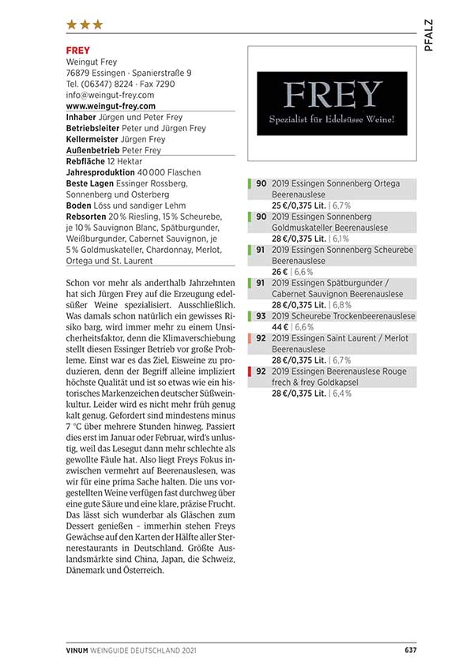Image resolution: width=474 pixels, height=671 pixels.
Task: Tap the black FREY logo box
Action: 332,103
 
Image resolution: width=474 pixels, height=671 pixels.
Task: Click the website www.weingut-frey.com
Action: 110,106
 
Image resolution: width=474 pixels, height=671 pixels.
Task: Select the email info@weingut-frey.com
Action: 110,95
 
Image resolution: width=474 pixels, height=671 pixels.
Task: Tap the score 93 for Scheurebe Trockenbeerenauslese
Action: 260,316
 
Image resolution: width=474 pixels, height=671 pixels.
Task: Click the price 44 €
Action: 280,326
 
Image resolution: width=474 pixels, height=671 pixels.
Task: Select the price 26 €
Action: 280,271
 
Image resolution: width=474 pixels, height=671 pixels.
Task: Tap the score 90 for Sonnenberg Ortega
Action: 260,183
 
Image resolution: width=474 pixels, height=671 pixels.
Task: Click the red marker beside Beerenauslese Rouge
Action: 250,371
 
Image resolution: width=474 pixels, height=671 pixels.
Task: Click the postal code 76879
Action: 79,73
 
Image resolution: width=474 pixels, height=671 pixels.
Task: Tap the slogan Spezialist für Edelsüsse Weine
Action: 332,120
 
